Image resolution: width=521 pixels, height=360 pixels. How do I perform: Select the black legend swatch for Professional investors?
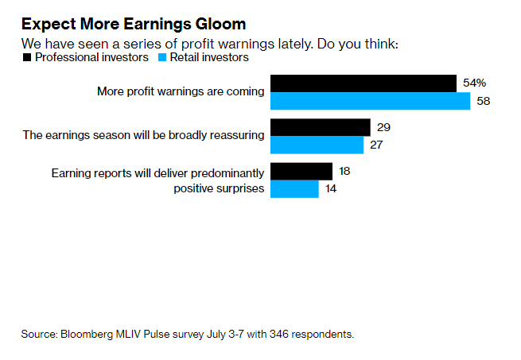click(x=27, y=57)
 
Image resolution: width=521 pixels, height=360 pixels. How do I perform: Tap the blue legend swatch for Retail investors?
click(x=163, y=57)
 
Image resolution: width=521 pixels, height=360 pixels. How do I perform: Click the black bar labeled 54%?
click(x=364, y=83)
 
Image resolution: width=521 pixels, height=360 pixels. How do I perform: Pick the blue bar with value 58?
click(x=371, y=102)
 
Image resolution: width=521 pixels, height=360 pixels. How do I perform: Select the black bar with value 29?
click(x=321, y=127)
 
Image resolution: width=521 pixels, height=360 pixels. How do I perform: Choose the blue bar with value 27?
click(x=317, y=145)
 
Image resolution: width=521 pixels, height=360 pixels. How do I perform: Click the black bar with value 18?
click(x=301, y=171)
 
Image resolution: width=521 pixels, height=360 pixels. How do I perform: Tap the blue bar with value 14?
click(x=294, y=189)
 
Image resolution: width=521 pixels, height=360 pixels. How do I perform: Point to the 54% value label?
click(x=475, y=83)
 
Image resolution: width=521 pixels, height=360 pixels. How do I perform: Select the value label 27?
click(x=378, y=145)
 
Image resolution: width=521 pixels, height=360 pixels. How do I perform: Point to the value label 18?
click(x=346, y=171)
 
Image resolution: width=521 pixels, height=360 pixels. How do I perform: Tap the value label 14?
click(x=332, y=189)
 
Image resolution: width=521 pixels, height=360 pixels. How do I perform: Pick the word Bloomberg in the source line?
click(x=84, y=334)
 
